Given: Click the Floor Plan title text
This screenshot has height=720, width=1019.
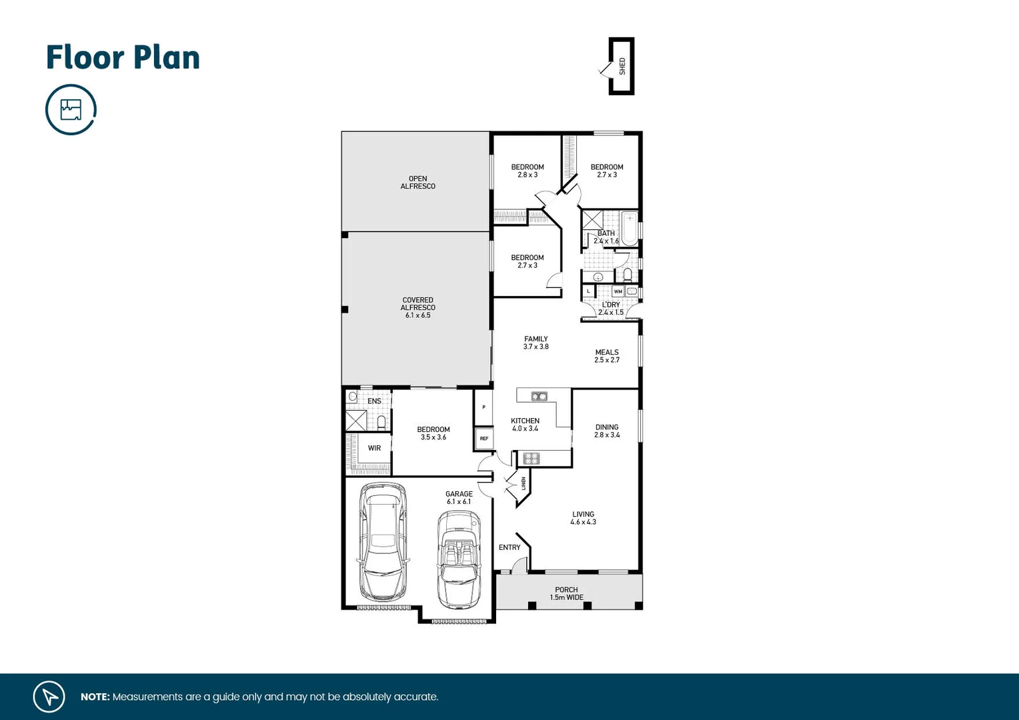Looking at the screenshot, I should click(123, 57).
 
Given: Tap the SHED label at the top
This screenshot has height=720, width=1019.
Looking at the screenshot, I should click(622, 66).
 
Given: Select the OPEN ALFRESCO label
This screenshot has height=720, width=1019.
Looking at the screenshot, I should click(417, 183).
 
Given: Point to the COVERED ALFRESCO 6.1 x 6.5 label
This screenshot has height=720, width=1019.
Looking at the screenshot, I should click(417, 307).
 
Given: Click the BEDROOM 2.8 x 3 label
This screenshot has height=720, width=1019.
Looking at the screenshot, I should click(528, 171).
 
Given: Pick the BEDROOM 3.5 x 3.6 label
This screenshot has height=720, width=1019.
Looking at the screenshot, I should click(433, 433).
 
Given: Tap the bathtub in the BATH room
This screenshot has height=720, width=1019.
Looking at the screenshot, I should click(629, 220).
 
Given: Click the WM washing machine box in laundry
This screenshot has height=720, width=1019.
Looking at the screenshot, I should click(618, 291).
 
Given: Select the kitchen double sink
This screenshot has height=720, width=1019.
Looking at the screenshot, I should click(539, 397).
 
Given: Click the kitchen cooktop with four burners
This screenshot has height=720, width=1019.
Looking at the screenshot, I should click(531, 458).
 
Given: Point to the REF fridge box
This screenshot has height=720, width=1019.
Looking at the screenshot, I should click(484, 438).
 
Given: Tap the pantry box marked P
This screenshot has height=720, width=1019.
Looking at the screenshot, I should click(483, 407).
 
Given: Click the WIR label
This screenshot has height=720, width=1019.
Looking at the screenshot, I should click(374, 448).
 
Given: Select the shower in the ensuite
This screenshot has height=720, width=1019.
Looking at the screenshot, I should click(355, 421).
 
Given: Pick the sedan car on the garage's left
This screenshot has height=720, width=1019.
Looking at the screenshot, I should click(383, 543).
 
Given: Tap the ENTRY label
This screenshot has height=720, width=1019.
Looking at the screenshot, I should click(510, 547).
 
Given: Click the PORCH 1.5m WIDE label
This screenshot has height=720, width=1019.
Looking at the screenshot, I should click(566, 593).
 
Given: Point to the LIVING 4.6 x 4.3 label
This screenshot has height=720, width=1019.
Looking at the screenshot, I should click(583, 518).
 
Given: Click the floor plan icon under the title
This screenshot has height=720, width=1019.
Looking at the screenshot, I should click(71, 109).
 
